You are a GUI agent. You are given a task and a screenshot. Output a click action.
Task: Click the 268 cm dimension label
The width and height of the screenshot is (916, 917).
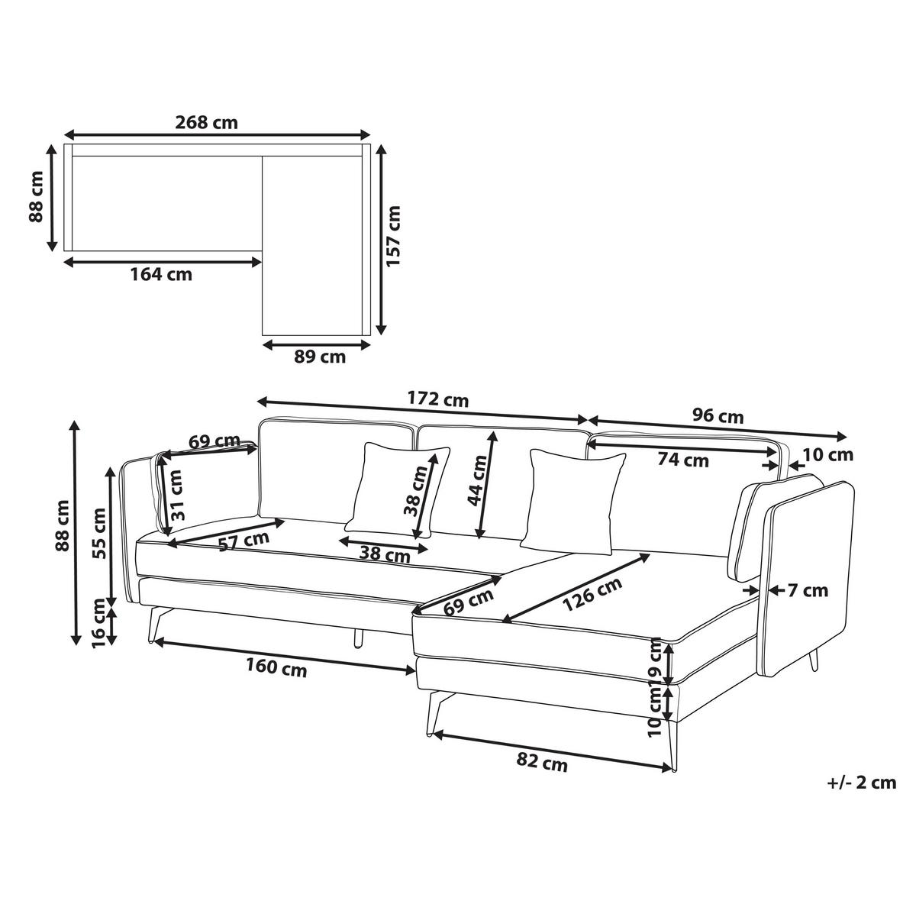click(x=206, y=122)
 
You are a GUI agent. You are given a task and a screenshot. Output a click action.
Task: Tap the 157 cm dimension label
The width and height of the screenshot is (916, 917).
click(x=393, y=236)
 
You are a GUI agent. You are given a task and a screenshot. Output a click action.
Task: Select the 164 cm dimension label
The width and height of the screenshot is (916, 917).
click(x=161, y=275)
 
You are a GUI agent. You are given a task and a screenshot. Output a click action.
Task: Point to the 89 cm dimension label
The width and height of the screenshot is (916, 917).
click(x=319, y=357)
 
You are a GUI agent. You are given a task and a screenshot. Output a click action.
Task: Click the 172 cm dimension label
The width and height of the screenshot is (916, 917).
click(x=438, y=399)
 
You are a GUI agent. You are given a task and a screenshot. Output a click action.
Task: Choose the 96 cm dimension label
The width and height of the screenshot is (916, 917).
click(x=718, y=416)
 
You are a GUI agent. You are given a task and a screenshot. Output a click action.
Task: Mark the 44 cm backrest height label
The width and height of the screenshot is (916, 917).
click(x=477, y=480)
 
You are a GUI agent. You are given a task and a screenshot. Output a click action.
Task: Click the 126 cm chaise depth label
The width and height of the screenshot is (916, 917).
click(x=592, y=594)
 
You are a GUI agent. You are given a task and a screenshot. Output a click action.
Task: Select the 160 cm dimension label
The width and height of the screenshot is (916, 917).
click(x=276, y=667)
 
